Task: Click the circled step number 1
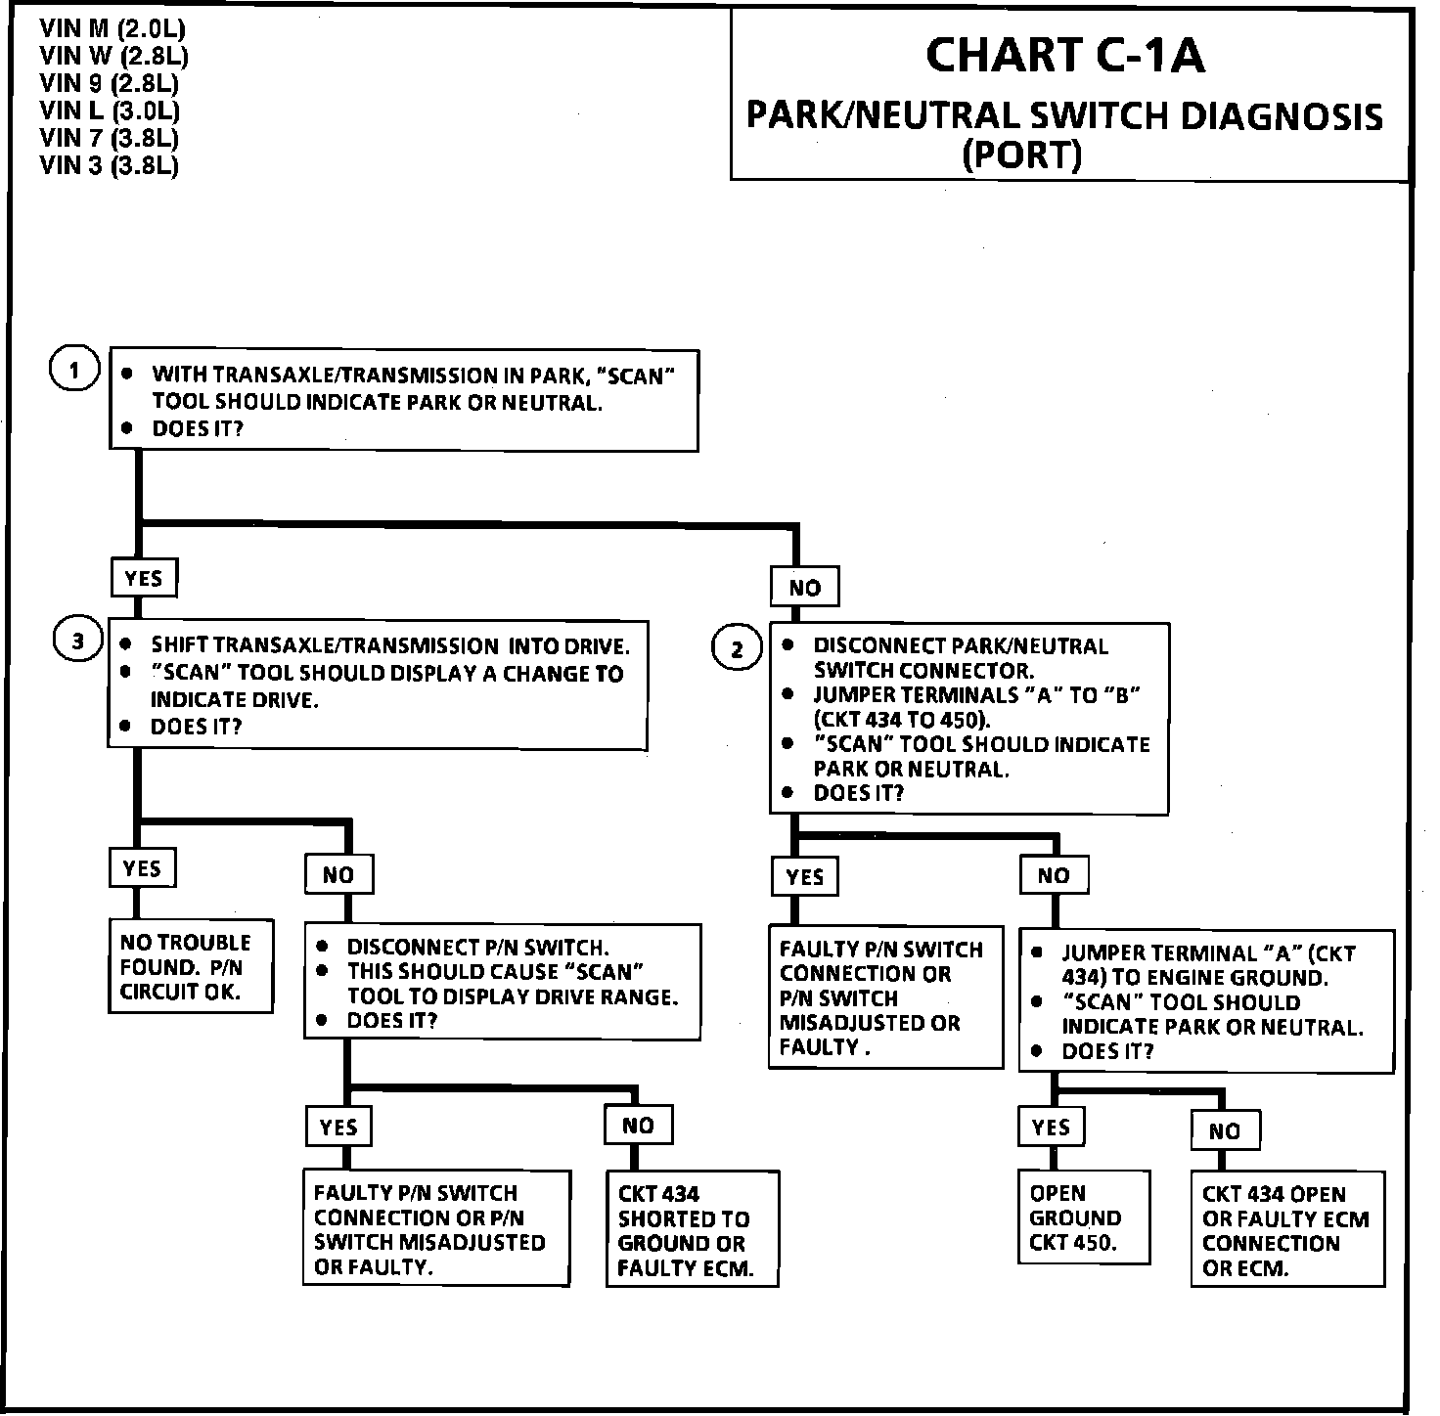click(75, 371)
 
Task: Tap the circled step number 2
click(738, 649)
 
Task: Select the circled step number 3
click(77, 642)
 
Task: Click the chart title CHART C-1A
click(1064, 56)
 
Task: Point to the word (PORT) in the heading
click(1022, 155)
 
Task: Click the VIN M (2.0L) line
click(112, 29)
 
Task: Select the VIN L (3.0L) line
click(110, 111)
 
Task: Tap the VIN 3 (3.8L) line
click(110, 165)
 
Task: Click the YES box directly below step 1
click(144, 578)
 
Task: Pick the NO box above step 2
click(804, 588)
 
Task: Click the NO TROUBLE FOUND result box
click(190, 967)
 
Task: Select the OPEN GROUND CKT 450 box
click(1083, 1217)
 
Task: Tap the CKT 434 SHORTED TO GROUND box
click(692, 1230)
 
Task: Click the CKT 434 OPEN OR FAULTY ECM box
click(1287, 1230)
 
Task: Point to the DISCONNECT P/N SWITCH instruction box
click(503, 983)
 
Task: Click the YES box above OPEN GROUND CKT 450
click(1051, 1128)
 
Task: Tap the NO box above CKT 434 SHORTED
click(638, 1126)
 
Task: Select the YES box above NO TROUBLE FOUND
click(142, 868)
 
